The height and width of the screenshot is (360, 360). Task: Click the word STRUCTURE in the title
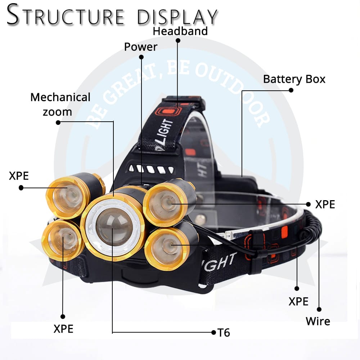click(x=66, y=15)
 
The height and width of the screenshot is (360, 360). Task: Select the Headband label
click(x=180, y=31)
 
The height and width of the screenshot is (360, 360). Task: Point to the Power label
click(x=141, y=47)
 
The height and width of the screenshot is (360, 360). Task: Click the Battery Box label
click(x=294, y=80)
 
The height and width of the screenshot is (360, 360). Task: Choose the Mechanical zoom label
click(x=60, y=104)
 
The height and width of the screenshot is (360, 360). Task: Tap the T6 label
click(x=224, y=333)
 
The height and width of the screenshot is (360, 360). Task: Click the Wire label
click(x=318, y=321)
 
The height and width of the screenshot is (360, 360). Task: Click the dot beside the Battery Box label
click(x=291, y=90)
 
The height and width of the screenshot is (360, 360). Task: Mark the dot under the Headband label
click(x=178, y=41)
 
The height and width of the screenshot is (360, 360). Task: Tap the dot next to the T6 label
click(x=213, y=332)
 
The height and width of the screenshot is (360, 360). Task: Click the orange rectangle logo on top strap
click(x=168, y=112)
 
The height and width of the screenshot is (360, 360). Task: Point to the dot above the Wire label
click(x=319, y=309)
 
